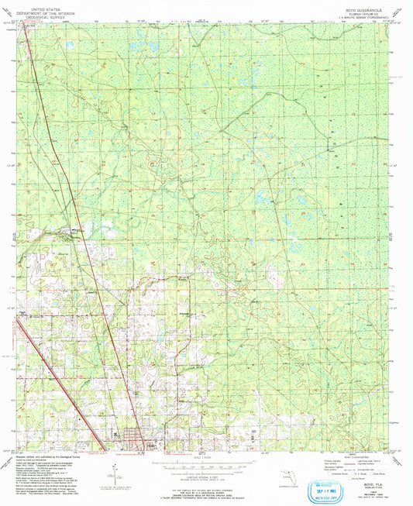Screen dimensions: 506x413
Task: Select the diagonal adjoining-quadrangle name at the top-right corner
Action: coord(399,11)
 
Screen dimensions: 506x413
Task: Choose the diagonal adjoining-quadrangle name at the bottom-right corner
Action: coord(399,460)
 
